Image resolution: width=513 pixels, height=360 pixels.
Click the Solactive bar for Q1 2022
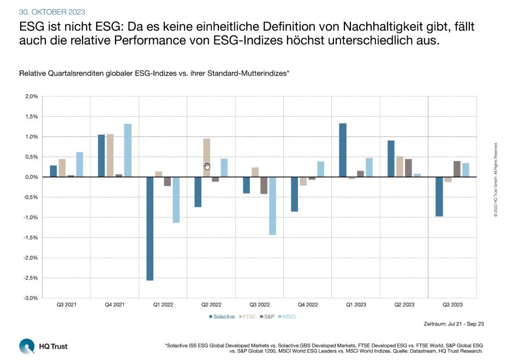[x=150, y=229]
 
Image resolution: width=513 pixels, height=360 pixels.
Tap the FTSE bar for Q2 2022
[x=207, y=158]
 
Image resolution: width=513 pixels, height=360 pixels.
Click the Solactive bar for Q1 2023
[x=342, y=150]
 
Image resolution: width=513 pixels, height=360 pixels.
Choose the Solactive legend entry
[x=222, y=316]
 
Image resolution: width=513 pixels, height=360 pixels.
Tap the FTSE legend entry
[x=248, y=316]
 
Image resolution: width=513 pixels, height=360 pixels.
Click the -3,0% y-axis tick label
[x=31, y=298]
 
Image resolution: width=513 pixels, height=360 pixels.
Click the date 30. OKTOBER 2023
[x=52, y=11]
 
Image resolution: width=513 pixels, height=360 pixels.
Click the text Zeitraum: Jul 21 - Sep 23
[x=454, y=324]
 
